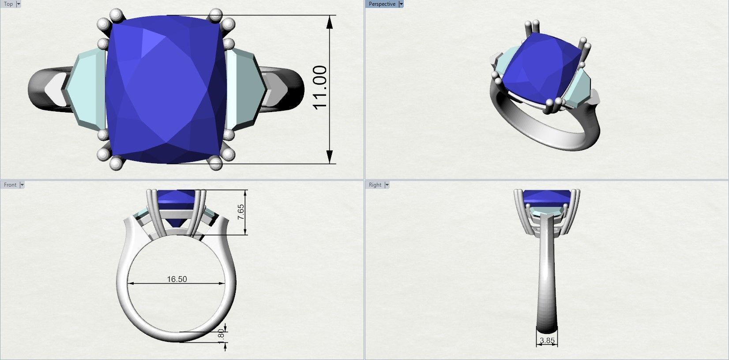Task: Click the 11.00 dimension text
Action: point(320,87)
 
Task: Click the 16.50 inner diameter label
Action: point(177,279)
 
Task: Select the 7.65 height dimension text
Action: point(241,213)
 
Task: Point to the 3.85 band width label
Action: point(547,341)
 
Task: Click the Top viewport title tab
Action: point(8,4)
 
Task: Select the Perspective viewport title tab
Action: point(382,4)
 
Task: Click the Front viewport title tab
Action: point(10,185)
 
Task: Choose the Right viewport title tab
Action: point(375,185)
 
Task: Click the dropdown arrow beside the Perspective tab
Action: point(401,4)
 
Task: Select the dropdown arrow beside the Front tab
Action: point(22,185)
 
